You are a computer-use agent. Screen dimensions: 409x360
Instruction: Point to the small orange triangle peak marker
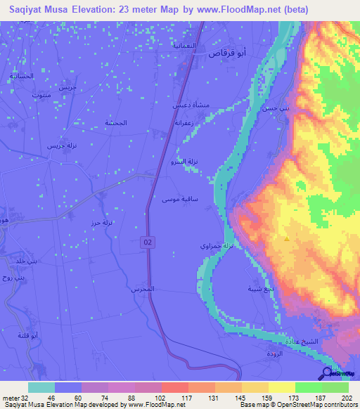click(x=286, y=239)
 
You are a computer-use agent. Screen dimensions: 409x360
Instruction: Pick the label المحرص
click(x=141, y=289)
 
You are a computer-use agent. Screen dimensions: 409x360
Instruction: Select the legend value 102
click(x=148, y=398)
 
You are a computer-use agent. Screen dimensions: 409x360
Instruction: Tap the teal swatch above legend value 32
click(x=41, y=387)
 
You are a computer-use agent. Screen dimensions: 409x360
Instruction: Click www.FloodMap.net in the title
click(x=230, y=11)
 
